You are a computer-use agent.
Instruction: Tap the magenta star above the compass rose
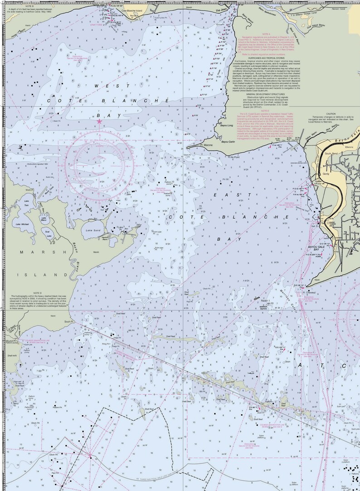point(99,121)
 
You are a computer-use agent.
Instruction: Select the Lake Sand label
point(92,231)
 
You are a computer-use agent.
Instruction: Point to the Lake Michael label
point(22,224)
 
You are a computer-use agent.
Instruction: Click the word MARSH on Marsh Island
point(36,252)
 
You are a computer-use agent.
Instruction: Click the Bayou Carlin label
point(228,142)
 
